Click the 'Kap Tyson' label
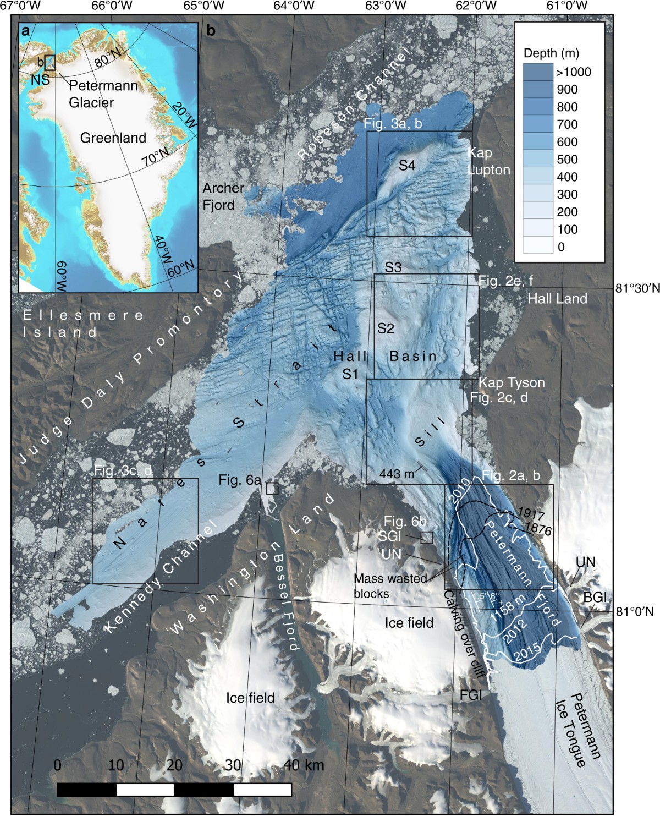[511, 382]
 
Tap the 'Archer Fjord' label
[223, 196]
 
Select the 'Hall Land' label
[557, 299]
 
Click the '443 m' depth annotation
[397, 473]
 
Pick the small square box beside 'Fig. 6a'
[272, 488]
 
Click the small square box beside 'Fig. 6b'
[426, 538]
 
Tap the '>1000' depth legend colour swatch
[538, 72]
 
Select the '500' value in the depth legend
[567, 160]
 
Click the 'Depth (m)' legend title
[551, 53]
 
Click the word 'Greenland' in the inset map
[113, 138]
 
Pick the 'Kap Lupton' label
[488, 161]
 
